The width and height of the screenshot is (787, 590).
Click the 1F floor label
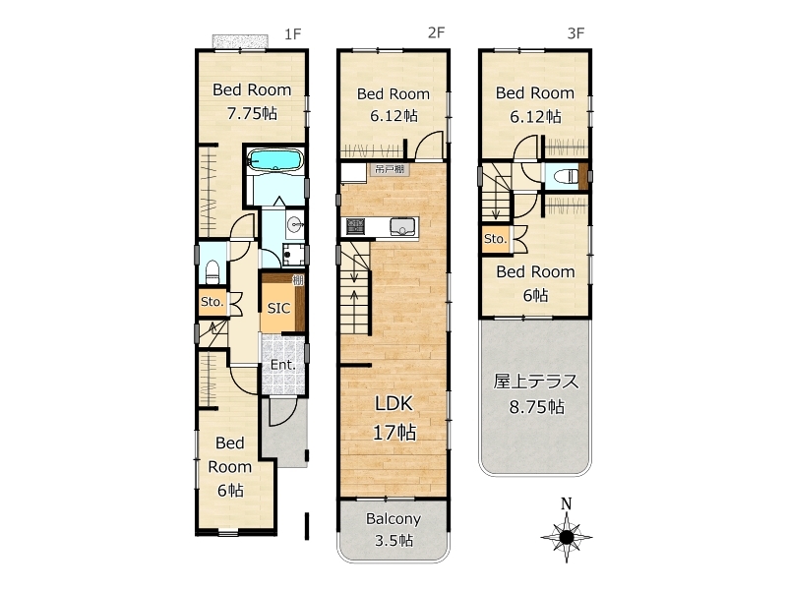(292, 34)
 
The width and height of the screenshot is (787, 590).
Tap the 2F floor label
(436, 32)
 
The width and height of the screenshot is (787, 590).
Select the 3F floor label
(575, 33)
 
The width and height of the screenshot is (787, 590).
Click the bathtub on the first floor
(275, 160)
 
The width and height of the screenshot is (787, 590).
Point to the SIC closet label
(278, 308)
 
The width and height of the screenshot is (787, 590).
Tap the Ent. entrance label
(282, 365)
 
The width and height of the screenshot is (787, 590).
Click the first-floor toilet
(212, 272)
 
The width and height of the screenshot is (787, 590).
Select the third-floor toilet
(565, 177)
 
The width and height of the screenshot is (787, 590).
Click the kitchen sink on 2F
(403, 227)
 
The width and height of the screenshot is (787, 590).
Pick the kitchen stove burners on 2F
(356, 226)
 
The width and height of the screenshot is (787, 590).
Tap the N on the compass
(567, 503)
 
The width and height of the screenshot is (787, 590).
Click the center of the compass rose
(567, 537)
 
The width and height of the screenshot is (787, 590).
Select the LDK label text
(394, 403)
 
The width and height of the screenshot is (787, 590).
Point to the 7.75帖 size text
(252, 113)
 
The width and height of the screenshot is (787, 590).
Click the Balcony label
(393, 519)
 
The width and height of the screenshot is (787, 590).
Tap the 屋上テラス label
(536, 382)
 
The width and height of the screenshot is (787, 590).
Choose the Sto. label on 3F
(496, 239)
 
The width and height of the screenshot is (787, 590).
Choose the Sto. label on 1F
(212, 302)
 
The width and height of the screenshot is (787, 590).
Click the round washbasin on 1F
(294, 223)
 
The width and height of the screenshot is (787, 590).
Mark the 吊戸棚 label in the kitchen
(390, 169)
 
